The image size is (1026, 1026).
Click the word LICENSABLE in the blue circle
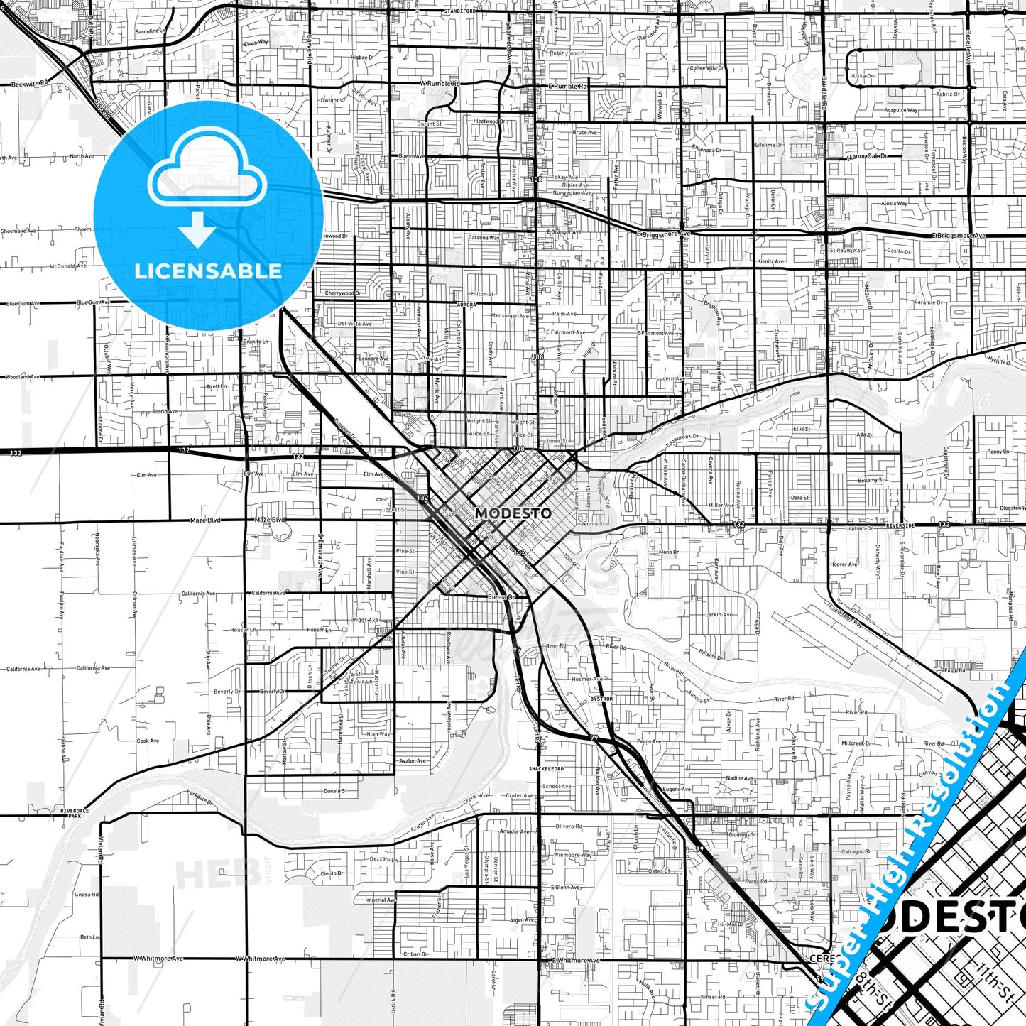click(208, 271)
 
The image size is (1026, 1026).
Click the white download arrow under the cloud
click(197, 231)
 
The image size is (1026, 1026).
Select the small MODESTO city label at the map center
click(513, 513)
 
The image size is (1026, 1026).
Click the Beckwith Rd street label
click(30, 84)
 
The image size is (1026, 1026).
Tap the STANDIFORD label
click(459, 11)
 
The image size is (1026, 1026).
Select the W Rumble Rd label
click(440, 84)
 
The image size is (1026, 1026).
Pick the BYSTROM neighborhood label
click(601, 699)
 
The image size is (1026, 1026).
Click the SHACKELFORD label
click(546, 769)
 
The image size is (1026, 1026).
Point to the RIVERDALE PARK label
click(75, 813)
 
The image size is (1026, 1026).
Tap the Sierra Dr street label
click(500, 597)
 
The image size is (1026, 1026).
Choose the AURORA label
click(466, 305)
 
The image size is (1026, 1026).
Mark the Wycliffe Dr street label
click(998, 361)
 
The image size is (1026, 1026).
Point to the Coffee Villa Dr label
click(706, 68)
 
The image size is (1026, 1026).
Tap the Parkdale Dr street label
click(200, 796)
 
